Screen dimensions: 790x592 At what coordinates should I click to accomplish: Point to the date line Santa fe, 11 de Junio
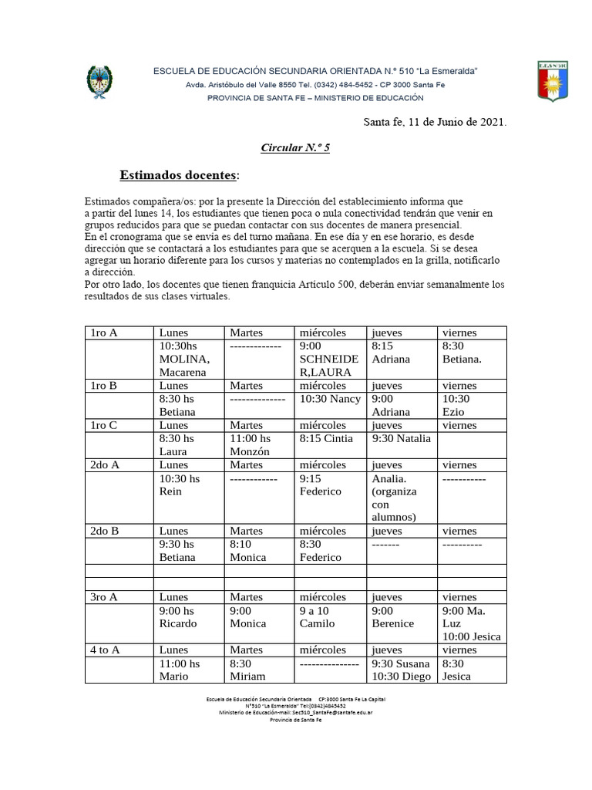pyautogui.click(x=435, y=121)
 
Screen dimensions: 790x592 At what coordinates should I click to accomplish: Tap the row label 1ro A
pyautogui.click(x=103, y=333)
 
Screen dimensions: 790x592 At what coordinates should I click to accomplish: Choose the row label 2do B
pyautogui.click(x=105, y=531)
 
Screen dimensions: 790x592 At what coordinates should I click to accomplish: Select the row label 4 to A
pyautogui.click(x=105, y=650)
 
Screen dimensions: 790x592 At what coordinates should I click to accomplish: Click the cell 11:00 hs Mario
pyautogui.click(x=179, y=670)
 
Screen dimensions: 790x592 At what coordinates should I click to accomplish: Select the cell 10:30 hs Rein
pyautogui.click(x=179, y=485)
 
